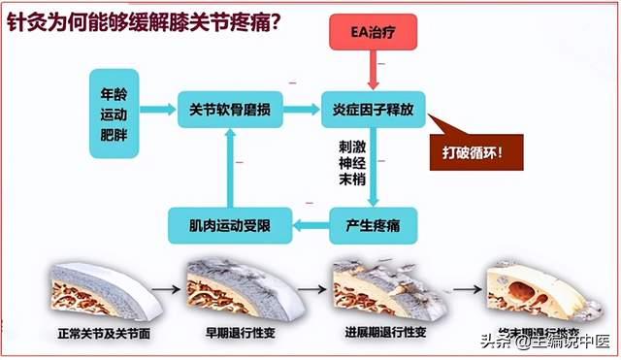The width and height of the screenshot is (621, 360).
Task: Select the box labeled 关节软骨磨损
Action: point(230,110)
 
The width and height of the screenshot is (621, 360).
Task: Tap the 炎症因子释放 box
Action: point(373,110)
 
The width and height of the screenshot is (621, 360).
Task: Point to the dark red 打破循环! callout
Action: point(479,153)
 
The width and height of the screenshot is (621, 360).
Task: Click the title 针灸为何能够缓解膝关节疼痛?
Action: point(143,19)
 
